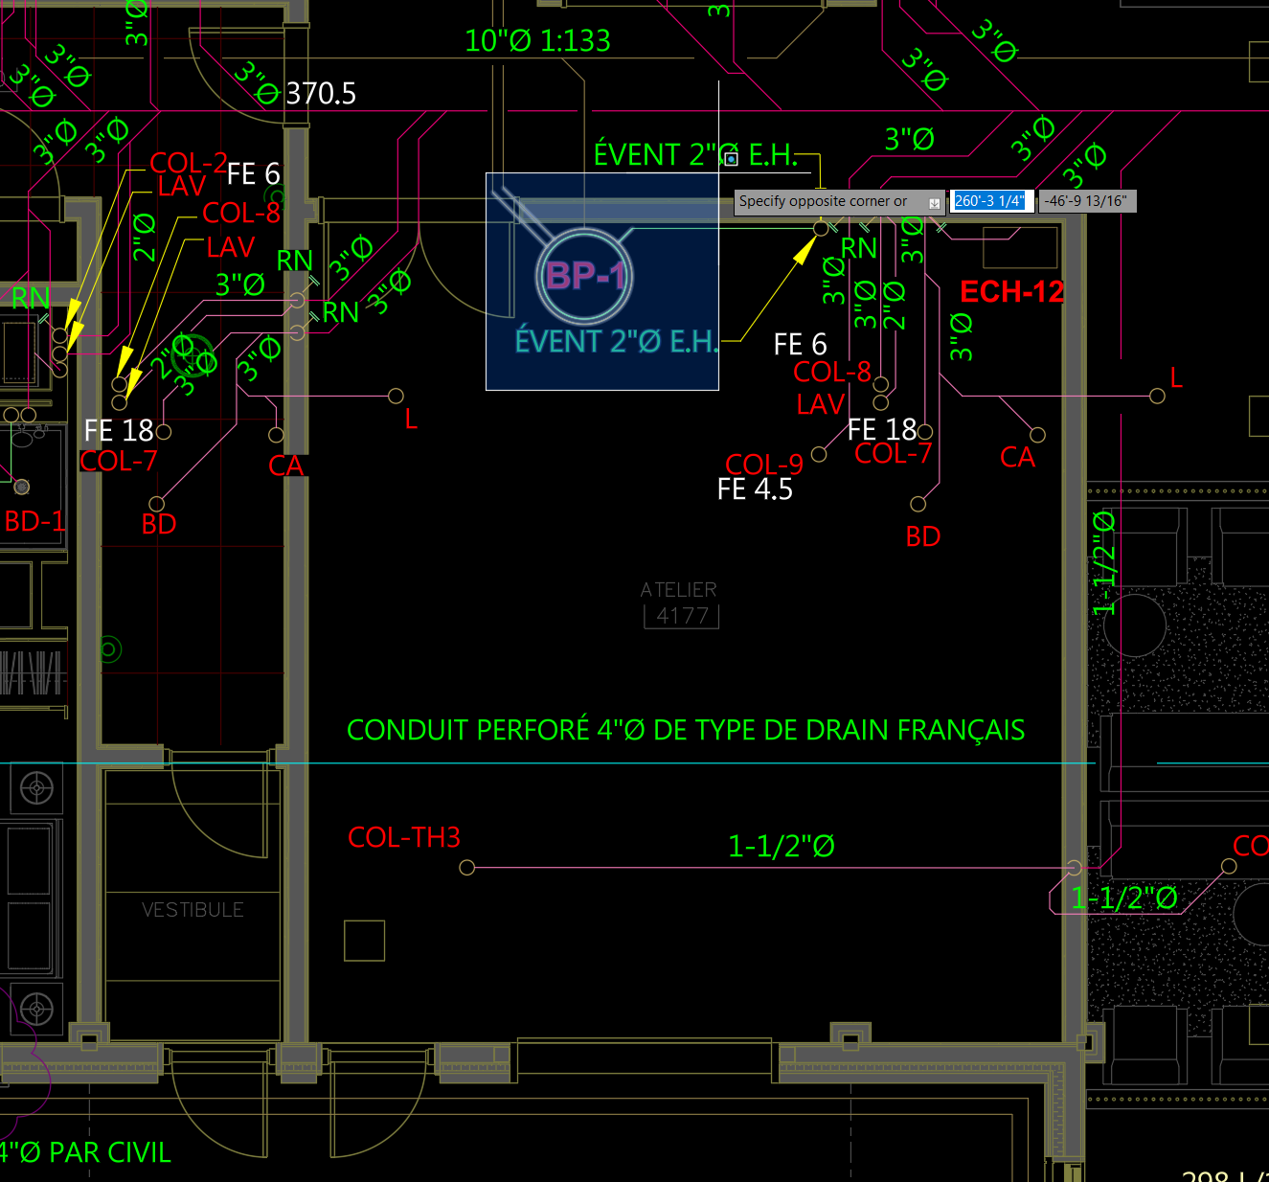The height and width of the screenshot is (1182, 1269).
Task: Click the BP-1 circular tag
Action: coord(583,276)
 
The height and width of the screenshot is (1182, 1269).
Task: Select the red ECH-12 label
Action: coord(1011,291)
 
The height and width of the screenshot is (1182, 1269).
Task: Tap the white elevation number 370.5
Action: coord(321,93)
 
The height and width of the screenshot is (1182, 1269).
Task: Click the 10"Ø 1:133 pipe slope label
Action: coord(537,40)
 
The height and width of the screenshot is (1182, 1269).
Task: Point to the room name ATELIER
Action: coord(678,590)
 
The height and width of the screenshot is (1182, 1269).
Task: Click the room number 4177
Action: coord(682,616)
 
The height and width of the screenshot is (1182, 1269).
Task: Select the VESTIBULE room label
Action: coord(193,909)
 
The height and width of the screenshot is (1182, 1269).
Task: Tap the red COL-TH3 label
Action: coord(404,838)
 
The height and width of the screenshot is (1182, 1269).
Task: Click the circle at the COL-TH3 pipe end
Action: coord(467,868)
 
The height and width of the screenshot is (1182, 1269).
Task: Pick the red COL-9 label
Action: coord(763,465)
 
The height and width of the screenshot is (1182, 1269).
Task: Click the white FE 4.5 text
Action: coord(755,489)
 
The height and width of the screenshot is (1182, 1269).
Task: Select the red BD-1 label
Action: coord(34,521)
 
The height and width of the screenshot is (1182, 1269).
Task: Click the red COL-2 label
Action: coord(188,163)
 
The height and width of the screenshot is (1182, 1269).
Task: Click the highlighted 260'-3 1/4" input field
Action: coord(990,201)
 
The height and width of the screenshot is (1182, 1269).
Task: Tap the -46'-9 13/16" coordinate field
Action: coord(1086,201)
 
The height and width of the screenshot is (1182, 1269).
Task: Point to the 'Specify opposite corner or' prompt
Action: coord(823,201)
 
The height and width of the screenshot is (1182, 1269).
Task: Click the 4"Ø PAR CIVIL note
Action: coord(86,1152)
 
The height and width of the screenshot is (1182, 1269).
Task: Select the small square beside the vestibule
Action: coord(364,941)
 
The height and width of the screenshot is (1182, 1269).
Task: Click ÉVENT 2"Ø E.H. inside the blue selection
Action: coord(616,341)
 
